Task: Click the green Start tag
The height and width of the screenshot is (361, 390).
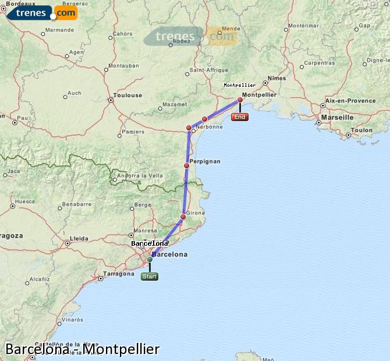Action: (150, 277)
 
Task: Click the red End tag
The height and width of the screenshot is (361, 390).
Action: (239, 117)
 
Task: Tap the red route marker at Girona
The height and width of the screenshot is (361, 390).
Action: (183, 217)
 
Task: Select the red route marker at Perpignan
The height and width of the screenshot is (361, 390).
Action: (186, 166)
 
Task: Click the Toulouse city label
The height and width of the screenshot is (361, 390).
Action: (127, 95)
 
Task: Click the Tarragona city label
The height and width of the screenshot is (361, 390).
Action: (119, 273)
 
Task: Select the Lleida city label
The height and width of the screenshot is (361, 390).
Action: (79, 239)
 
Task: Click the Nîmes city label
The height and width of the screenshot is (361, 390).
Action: (277, 78)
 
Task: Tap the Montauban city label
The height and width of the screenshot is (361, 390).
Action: (123, 65)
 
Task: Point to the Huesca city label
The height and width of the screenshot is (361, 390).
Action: (25, 201)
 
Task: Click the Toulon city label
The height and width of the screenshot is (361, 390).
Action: (362, 130)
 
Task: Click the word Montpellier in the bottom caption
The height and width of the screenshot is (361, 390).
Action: (120, 349)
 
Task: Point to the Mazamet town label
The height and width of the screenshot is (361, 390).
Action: (175, 105)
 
